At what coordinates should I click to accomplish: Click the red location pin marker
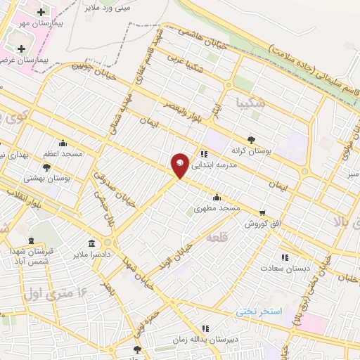181,165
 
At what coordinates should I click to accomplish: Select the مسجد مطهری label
217,209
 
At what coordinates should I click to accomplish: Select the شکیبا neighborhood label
251,103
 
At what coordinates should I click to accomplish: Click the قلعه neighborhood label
218,239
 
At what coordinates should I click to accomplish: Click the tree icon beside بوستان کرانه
251,139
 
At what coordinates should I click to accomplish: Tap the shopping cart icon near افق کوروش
262,212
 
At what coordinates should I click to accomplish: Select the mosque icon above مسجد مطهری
217,197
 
